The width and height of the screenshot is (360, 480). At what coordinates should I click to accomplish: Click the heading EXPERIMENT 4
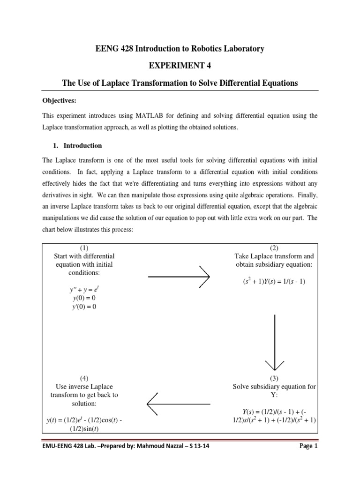tap(180, 66)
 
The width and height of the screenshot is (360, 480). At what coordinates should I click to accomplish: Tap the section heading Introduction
tap(82, 145)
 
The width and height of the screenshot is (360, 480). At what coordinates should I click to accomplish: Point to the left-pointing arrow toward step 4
tap(178, 403)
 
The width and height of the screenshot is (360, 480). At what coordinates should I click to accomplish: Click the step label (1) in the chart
tap(84, 247)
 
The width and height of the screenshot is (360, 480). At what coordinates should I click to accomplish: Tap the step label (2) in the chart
tap(274, 247)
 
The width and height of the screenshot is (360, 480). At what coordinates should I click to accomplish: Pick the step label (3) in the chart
tap(274, 378)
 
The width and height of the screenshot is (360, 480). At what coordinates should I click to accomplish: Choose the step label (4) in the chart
tap(84, 378)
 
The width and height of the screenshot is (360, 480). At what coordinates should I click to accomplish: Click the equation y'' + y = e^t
tap(84, 290)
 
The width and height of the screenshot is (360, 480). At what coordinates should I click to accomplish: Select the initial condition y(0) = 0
tap(84, 299)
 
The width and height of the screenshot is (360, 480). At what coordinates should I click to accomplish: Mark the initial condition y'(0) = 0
tap(84, 307)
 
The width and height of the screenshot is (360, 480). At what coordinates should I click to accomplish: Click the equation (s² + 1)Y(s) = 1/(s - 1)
tap(274, 282)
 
